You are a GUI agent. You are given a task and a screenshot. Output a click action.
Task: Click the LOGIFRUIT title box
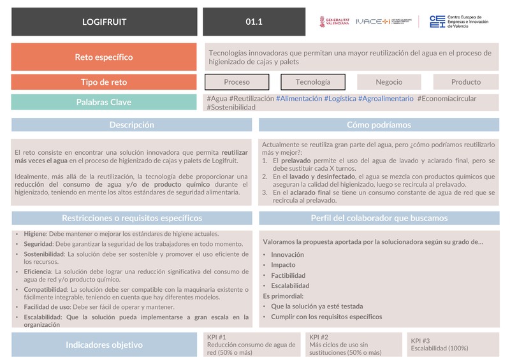tap(105, 22)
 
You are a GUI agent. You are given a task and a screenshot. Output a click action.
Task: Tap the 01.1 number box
tap(254, 22)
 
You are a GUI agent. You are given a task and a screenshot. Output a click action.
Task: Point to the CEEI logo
tap(459, 22)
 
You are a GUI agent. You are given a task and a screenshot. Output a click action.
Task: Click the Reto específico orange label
tap(104, 57)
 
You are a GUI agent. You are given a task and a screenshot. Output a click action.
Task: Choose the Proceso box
tap(237, 82)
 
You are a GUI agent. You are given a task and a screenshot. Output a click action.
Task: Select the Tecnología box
tap(313, 82)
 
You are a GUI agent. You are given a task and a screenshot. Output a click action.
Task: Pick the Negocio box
tap(389, 82)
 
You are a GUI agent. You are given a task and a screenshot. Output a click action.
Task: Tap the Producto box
tap(466, 82)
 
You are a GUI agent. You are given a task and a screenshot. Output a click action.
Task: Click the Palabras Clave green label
tap(104, 103)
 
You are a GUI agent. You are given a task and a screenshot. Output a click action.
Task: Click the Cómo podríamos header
tap(379, 126)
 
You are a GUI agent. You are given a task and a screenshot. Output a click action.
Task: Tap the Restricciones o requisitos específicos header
tap(131, 218)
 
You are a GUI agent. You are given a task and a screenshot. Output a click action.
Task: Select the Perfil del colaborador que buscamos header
tap(379, 218)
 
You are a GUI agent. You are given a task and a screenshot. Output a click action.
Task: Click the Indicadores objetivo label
tap(104, 345)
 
